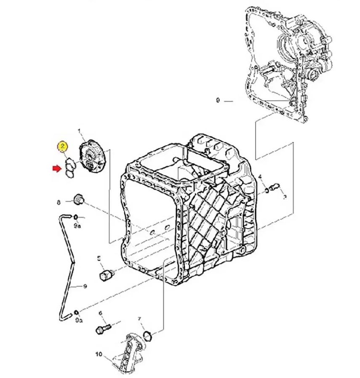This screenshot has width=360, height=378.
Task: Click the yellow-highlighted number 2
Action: tap(62, 146)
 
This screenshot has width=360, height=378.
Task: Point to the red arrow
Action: tap(56, 169)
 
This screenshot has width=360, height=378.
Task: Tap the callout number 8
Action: tap(59, 203)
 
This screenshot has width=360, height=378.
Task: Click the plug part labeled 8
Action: tap(78, 199)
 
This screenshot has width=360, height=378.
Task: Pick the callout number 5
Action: tap(99, 258)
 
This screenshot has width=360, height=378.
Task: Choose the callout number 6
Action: tap(100, 313)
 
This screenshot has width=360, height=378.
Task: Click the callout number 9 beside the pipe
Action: tap(85, 287)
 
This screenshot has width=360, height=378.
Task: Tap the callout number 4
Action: tap(261, 176)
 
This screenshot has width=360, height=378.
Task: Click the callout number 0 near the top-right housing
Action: tap(218, 101)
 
